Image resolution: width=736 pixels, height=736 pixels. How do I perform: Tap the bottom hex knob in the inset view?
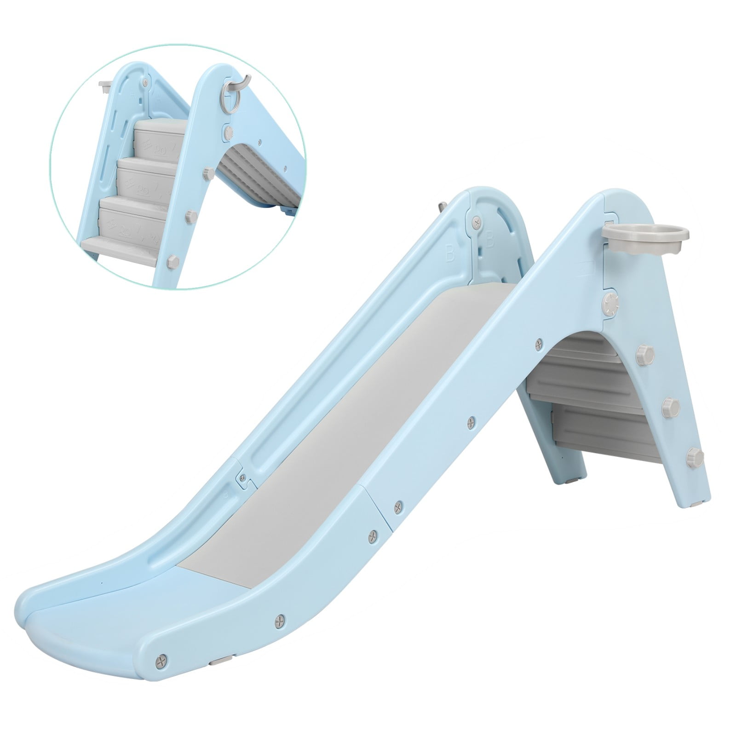173,261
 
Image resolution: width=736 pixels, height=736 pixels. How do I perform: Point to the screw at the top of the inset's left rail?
146,83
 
